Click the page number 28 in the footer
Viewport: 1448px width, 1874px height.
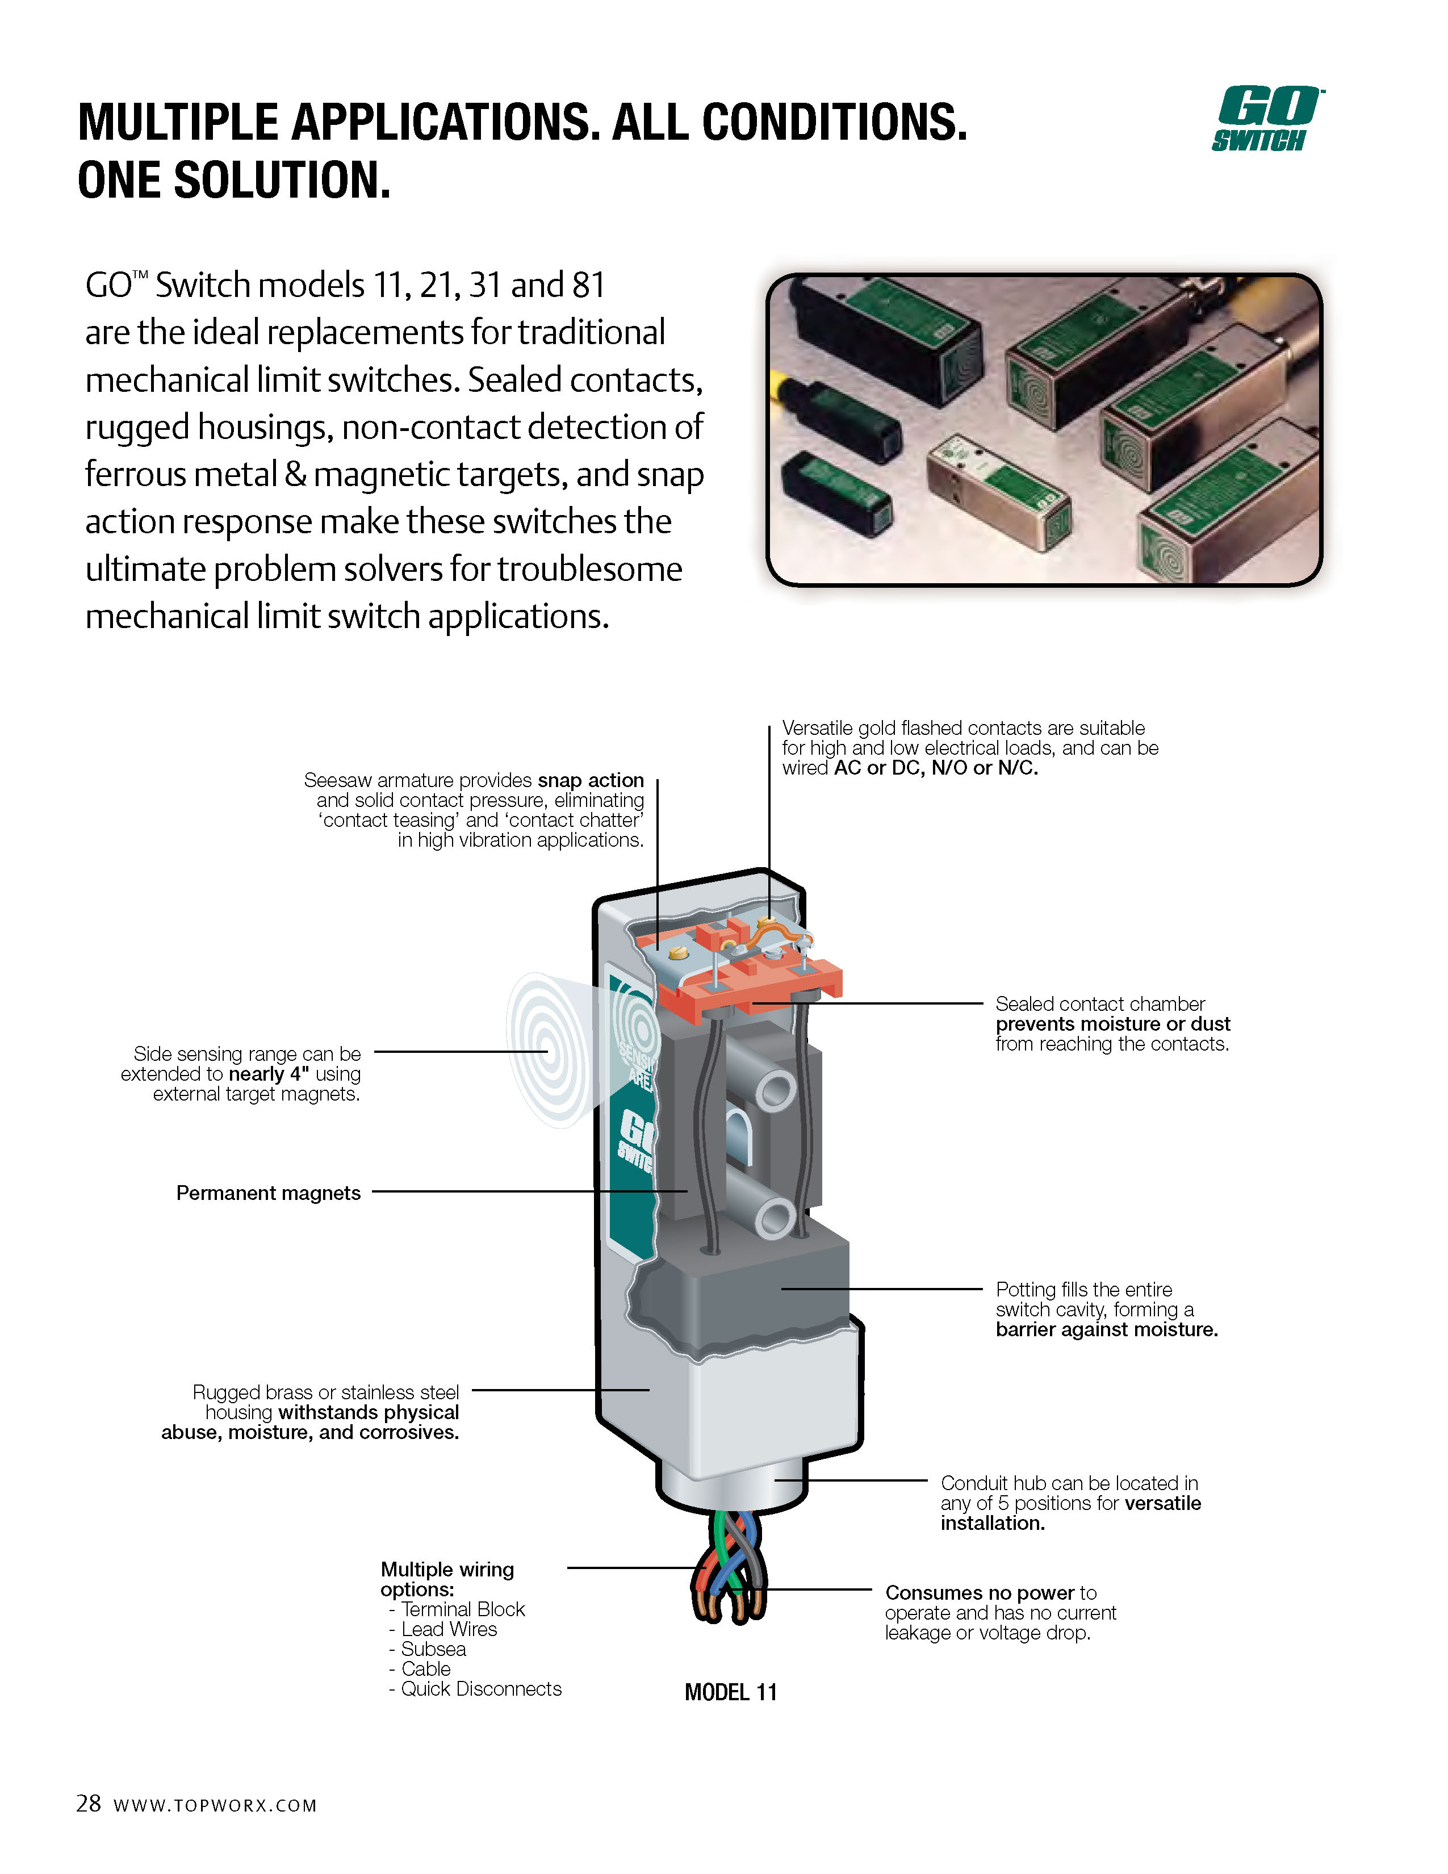tap(89, 1803)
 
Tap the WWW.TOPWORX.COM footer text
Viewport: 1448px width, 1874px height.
tap(215, 1805)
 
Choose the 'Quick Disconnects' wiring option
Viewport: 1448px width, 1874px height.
tap(480, 1689)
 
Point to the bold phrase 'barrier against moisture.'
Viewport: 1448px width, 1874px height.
tap(1107, 1329)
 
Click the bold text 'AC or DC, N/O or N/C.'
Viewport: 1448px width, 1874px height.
tap(935, 768)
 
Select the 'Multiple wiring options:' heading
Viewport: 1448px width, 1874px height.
tap(446, 1579)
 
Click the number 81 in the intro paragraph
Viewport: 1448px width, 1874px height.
tap(588, 285)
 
